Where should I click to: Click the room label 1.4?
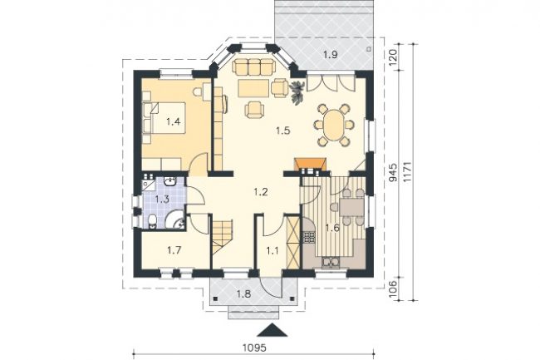pyautogui.click(x=174, y=121)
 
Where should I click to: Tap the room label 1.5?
pyautogui.click(x=283, y=131)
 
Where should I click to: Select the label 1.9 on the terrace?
pyautogui.click(x=331, y=54)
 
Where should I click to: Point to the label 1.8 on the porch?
pyautogui.click(x=243, y=293)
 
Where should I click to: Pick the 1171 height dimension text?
pyautogui.click(x=407, y=171)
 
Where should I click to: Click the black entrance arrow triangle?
pyautogui.click(x=272, y=330)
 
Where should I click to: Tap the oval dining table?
pyautogui.click(x=333, y=125)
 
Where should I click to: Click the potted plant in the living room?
pyautogui.click(x=297, y=91)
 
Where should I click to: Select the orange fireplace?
pyautogui.click(x=311, y=164)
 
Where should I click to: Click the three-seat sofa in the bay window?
pyautogui.click(x=253, y=67)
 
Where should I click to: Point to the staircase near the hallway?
pyautogui.click(x=222, y=237)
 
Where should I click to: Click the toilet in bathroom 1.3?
pyautogui.click(x=153, y=221)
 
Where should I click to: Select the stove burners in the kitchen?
pyautogui.click(x=309, y=236)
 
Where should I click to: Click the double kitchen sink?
pyautogui.click(x=331, y=263)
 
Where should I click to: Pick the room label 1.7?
pyautogui.click(x=174, y=250)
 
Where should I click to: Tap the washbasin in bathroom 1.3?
pyautogui.click(x=169, y=181)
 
